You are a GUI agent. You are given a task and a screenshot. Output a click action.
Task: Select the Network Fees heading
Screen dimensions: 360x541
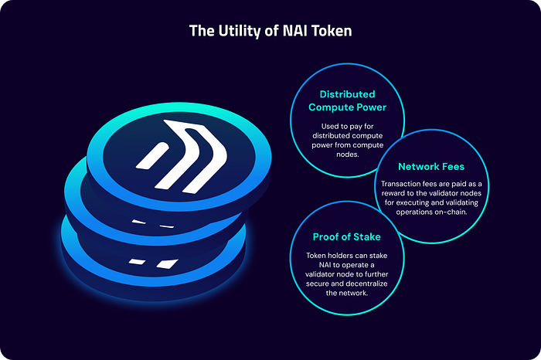[430, 166]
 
